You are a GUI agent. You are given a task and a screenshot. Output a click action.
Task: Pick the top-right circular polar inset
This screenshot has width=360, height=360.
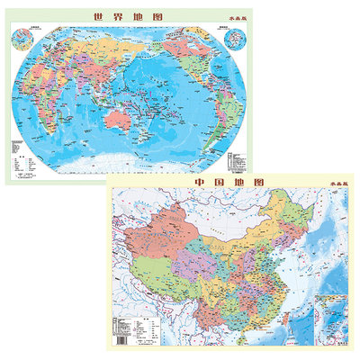(x=238, y=40)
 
